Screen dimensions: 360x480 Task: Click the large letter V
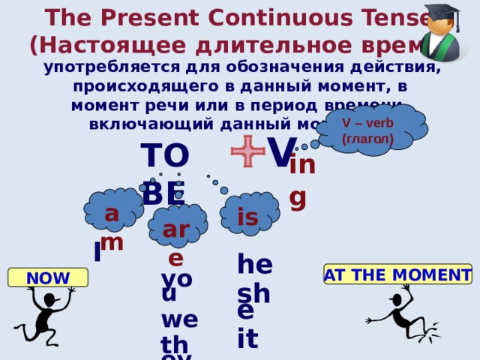pyautogui.click(x=281, y=153)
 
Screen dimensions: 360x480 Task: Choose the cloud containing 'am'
pyautogui.click(x=112, y=211)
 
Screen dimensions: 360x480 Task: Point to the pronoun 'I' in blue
pyautogui.click(x=97, y=253)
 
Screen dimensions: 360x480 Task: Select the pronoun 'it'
pyautogui.click(x=247, y=337)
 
